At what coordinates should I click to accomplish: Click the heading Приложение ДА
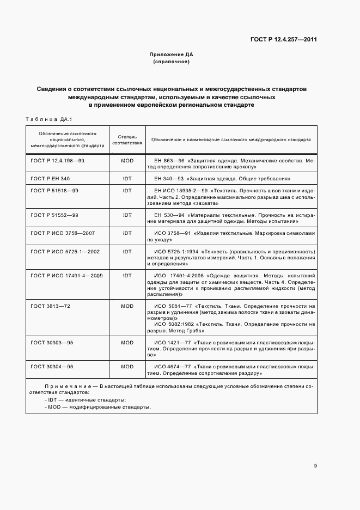172,54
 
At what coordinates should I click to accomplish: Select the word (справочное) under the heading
172,62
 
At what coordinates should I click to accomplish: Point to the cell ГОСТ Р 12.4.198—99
58,161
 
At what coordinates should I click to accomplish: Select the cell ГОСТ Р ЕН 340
51,179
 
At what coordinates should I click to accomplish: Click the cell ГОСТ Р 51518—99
55,191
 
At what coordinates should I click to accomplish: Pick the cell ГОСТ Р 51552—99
55,215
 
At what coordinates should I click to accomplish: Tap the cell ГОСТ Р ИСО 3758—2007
63,233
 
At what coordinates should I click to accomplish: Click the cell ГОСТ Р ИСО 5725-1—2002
65,251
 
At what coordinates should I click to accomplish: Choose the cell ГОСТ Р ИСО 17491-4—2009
67,276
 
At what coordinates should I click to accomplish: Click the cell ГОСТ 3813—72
51,306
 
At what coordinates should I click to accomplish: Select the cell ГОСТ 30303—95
52,342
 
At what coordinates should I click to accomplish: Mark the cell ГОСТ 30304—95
52,367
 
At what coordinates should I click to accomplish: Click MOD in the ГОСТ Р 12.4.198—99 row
127,161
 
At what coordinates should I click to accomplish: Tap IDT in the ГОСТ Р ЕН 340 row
127,179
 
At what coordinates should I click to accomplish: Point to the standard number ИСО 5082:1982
171,324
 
